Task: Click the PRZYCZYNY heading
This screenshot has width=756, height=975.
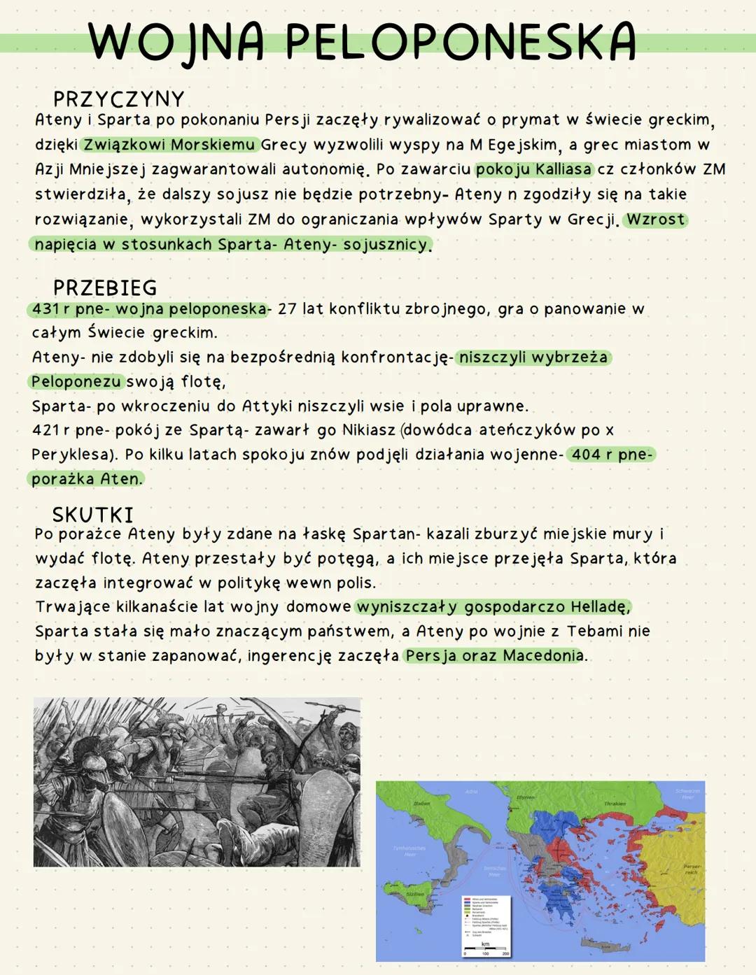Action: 118,99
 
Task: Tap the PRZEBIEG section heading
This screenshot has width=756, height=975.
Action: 105,287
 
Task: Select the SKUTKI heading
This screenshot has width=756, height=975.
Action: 92,515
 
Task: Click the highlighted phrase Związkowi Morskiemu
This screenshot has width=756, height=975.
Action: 169,145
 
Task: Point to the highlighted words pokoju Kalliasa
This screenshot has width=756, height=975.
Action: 533,169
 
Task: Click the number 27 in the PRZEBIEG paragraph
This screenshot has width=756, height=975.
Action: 287,308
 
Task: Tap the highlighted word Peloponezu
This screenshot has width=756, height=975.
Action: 76,381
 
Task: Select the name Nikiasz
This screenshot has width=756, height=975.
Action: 369,429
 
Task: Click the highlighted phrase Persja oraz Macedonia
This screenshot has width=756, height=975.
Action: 494,655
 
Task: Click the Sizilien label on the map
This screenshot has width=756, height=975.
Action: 414,895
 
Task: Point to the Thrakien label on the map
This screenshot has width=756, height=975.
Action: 615,804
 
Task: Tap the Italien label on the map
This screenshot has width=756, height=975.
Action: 421,804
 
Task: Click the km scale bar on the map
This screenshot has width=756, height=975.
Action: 486,948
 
